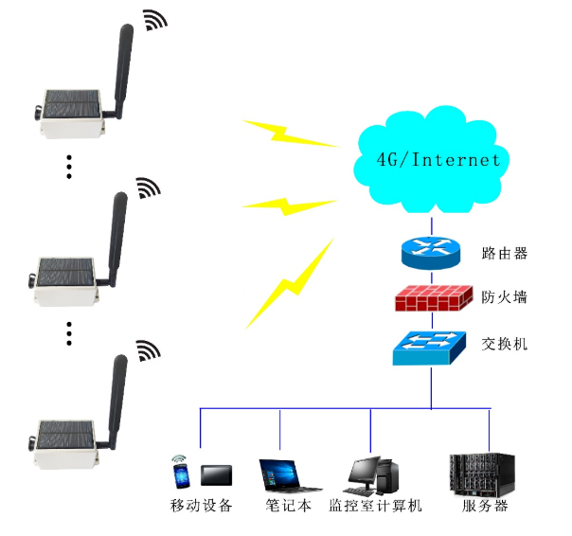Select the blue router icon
(x=432, y=252)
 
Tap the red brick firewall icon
(x=432, y=298)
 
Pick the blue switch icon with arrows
(x=431, y=347)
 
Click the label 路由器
(x=504, y=253)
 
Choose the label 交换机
(x=504, y=343)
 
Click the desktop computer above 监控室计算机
(x=372, y=473)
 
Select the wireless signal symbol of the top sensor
(x=152, y=21)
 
